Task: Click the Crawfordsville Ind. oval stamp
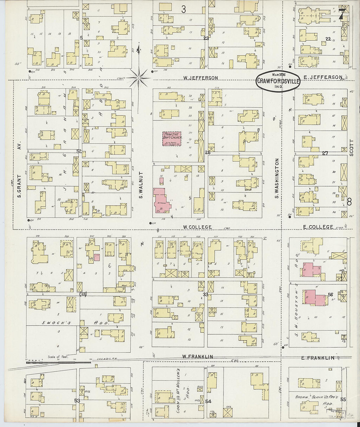coord(278,81)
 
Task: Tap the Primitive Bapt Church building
coord(172,139)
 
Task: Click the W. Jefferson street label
coord(201,78)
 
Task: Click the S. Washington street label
coord(277,178)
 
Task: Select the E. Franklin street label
coord(318,358)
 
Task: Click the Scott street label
coord(351,148)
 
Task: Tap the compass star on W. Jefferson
coord(138,78)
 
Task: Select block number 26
coord(207,152)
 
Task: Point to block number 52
coord(79,151)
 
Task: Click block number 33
coord(206,294)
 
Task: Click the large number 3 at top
coord(184,9)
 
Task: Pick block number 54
coord(208,401)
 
